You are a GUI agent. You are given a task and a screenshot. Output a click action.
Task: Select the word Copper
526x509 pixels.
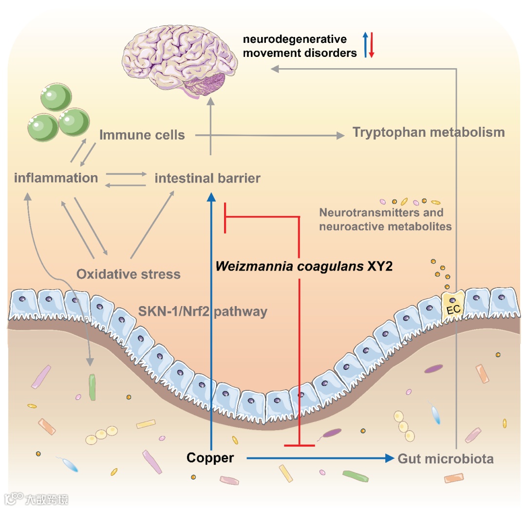tap(210, 457)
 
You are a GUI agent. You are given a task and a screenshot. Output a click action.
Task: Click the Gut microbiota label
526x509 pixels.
tap(446, 458)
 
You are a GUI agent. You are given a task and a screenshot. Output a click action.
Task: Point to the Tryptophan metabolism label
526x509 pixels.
tap(429, 132)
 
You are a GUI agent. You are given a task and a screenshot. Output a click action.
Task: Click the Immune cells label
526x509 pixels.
tap(142, 135)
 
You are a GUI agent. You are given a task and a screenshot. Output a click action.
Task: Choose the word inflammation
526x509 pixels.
tap(56, 178)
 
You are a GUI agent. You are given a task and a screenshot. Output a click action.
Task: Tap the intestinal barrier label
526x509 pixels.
tap(207, 178)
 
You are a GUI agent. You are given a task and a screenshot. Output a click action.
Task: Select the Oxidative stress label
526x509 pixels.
tap(129, 274)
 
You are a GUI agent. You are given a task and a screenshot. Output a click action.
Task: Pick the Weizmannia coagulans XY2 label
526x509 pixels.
tap(304, 266)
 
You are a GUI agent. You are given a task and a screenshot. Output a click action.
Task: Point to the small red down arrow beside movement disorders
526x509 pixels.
tap(371, 45)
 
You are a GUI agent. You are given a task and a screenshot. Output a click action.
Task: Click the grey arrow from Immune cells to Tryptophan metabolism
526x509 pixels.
tap(268, 136)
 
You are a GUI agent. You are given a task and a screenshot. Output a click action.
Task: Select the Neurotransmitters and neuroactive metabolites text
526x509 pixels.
tap(385, 219)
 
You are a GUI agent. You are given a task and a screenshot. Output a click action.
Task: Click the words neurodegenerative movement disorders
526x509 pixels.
tap(300, 46)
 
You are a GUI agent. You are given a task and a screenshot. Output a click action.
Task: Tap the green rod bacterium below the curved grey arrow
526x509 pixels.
tap(92, 387)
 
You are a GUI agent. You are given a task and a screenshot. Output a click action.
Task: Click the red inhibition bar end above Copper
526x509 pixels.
tap(299, 445)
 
